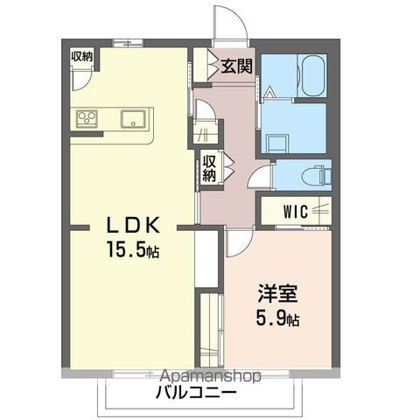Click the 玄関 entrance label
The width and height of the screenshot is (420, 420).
(234, 65)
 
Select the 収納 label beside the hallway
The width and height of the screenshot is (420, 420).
(210, 167)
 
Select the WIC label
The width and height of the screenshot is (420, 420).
(294, 210)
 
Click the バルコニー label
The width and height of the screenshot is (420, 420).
(197, 393)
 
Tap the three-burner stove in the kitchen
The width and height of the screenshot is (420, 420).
(88, 118)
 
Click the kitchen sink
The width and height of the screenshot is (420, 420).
(133, 119)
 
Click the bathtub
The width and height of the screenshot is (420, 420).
(312, 76)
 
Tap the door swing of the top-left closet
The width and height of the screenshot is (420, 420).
(81, 77)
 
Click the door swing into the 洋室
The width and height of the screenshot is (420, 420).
(239, 241)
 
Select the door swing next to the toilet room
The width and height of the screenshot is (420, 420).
(260, 177)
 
